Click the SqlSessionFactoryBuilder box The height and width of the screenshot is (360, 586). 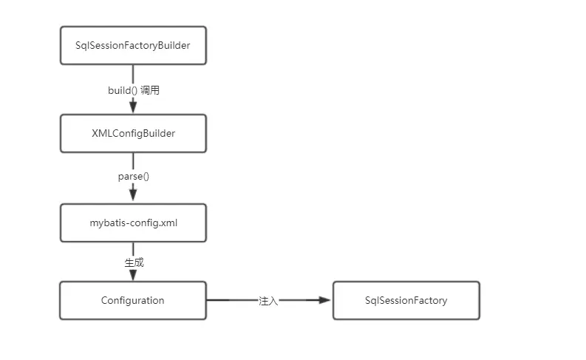[133, 45]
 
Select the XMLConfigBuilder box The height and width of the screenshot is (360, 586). [133, 133]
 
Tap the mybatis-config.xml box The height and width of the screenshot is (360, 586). [133, 223]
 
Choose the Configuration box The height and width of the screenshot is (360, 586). [133, 300]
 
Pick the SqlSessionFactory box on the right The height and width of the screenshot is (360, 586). [406, 300]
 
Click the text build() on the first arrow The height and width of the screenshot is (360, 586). [122, 90]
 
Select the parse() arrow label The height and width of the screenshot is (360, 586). [134, 177]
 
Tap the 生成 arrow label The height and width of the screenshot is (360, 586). [134, 262]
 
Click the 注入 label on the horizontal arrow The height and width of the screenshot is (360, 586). [268, 301]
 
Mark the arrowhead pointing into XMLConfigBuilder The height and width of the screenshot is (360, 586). [133, 108]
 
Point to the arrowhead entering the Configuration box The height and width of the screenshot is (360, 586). [133, 275]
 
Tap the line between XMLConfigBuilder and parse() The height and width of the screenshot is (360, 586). [133, 161]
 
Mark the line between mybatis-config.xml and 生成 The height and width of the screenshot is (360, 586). [133, 248]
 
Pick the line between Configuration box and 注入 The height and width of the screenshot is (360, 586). [231, 301]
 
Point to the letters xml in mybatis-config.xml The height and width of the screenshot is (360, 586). [168, 223]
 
